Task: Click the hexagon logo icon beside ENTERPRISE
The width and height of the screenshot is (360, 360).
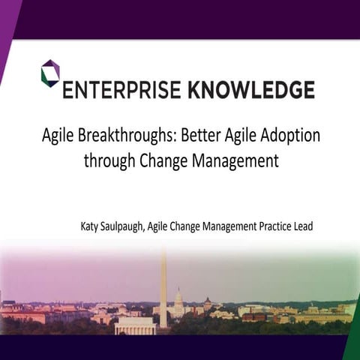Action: (x=50, y=73)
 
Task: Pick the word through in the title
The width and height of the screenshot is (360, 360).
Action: (x=108, y=160)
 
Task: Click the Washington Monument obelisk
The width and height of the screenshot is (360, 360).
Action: (x=163, y=289)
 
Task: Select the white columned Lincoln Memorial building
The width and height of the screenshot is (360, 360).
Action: (x=136, y=325)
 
